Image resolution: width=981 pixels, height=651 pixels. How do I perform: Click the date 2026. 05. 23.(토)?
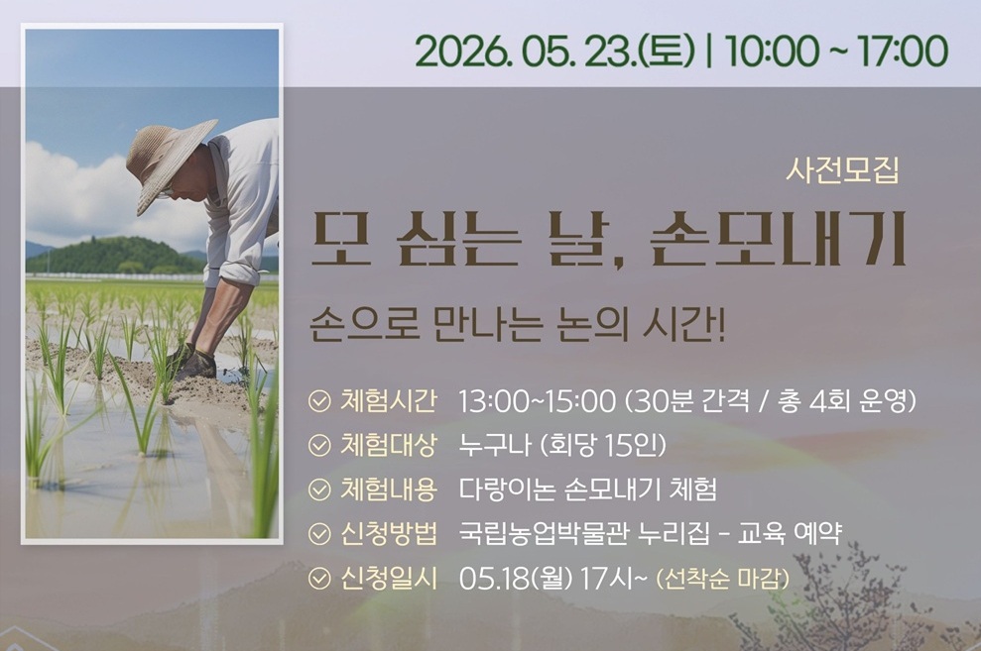pyautogui.click(x=554, y=52)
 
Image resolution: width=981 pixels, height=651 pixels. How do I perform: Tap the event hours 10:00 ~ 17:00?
pyautogui.click(x=836, y=52)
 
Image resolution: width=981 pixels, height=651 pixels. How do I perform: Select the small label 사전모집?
pyautogui.click(x=842, y=169)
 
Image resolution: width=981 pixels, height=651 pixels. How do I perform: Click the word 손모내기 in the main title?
pyautogui.click(x=778, y=240)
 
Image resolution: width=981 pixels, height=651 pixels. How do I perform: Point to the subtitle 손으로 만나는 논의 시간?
pyautogui.click(x=518, y=325)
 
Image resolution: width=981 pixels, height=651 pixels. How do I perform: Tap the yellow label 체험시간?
pyautogui.click(x=389, y=401)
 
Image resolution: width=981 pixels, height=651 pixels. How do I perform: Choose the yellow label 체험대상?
pyautogui.click(x=389, y=445)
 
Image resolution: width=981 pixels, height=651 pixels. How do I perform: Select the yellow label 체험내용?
pyautogui.click(x=389, y=489)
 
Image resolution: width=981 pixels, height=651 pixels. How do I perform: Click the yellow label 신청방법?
pyautogui.click(x=389, y=533)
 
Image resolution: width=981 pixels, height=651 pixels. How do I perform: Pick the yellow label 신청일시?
pyautogui.click(x=389, y=578)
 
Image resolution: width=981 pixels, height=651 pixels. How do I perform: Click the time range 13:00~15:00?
pyautogui.click(x=538, y=401)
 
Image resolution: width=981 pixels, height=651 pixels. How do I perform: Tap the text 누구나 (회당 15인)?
pyautogui.click(x=562, y=446)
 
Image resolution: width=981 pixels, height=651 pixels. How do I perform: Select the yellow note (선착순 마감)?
pyautogui.click(x=723, y=579)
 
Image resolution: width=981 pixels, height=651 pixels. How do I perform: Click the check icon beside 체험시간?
pyautogui.click(x=319, y=401)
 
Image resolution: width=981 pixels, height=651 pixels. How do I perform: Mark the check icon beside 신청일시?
pyautogui.click(x=319, y=579)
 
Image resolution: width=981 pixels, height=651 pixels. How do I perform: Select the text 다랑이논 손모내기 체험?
pyautogui.click(x=587, y=489)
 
